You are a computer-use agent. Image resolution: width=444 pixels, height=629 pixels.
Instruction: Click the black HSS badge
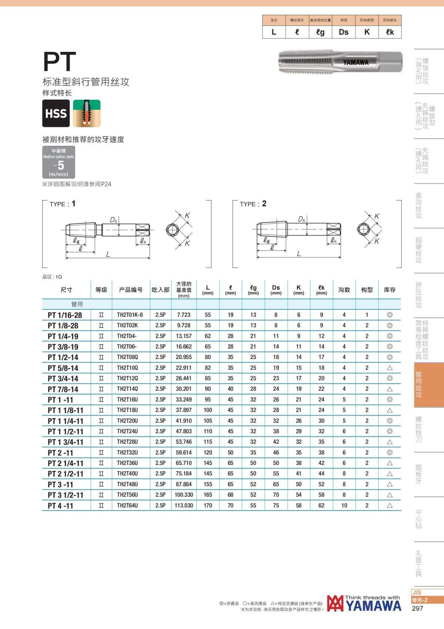56,113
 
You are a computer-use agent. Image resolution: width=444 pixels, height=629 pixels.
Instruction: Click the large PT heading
60,62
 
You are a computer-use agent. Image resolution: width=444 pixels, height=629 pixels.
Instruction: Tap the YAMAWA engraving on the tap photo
356,62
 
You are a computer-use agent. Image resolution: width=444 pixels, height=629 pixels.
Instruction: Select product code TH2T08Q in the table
127,357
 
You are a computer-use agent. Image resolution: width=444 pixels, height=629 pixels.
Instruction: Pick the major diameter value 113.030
184,505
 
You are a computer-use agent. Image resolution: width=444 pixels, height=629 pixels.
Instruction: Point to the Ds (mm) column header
276,290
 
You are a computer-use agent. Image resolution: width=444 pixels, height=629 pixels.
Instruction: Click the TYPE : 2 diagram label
253,204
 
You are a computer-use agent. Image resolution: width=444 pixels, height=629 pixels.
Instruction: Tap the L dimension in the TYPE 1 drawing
108,254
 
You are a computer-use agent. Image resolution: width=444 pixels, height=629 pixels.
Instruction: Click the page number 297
417,608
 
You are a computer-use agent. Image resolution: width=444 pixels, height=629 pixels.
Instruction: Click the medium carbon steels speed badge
58,162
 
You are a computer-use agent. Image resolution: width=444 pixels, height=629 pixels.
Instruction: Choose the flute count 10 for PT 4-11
344,505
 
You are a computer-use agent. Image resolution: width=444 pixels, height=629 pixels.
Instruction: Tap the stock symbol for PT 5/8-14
390,368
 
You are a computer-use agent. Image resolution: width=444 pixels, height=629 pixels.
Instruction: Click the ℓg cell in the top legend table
320,32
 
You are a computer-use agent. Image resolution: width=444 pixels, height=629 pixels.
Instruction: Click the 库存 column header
390,290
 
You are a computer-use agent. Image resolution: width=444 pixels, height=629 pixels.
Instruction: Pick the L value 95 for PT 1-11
208,400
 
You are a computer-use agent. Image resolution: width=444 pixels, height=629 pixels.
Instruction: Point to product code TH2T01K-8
130,315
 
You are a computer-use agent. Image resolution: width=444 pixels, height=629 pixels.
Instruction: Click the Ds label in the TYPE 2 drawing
302,219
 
